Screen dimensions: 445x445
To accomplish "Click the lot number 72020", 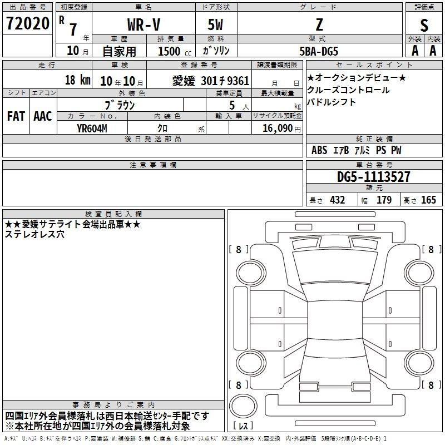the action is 27,23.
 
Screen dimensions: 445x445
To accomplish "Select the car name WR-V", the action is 144,24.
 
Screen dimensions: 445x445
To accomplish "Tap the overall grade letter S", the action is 424,25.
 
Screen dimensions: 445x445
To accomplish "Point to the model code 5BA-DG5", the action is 319,51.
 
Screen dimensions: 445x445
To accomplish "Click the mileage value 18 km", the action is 77,80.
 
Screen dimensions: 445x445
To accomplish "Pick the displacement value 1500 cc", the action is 175,51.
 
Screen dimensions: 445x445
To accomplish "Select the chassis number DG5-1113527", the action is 373,176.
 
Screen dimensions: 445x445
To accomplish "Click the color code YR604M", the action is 92,128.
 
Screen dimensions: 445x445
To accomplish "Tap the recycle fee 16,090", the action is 277,128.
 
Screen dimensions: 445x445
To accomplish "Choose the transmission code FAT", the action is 16,116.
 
